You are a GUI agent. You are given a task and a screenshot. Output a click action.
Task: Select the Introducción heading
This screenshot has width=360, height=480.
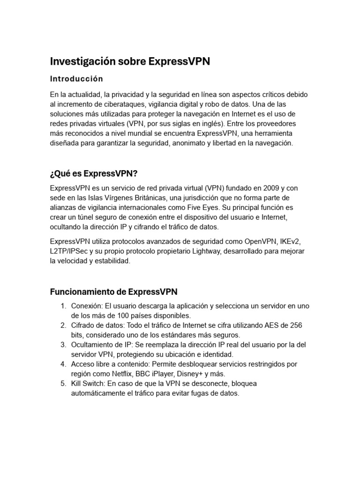tap(76, 78)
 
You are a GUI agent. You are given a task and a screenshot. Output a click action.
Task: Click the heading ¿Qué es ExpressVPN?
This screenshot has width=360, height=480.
tap(94, 174)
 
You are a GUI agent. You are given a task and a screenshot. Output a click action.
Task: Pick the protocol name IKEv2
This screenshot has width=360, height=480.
tap(290, 241)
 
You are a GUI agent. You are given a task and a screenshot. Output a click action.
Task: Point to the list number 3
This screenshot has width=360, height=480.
tap(63, 345)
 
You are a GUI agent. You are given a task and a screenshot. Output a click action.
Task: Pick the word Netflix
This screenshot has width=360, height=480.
tap(123, 374)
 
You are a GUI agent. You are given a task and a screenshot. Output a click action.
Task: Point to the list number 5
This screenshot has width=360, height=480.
tap(63, 383)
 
